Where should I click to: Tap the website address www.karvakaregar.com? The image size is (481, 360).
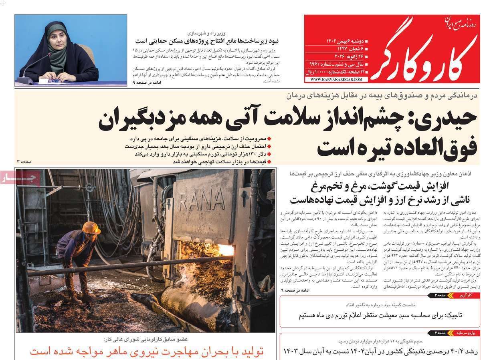(x=336, y=79)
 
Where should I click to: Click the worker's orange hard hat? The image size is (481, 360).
(x=91, y=228)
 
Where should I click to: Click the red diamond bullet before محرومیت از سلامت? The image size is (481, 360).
(x=269, y=139)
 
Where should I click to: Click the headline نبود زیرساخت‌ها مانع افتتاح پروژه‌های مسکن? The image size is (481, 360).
(x=207, y=41)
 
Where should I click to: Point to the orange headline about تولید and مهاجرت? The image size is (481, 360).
(x=147, y=352)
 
